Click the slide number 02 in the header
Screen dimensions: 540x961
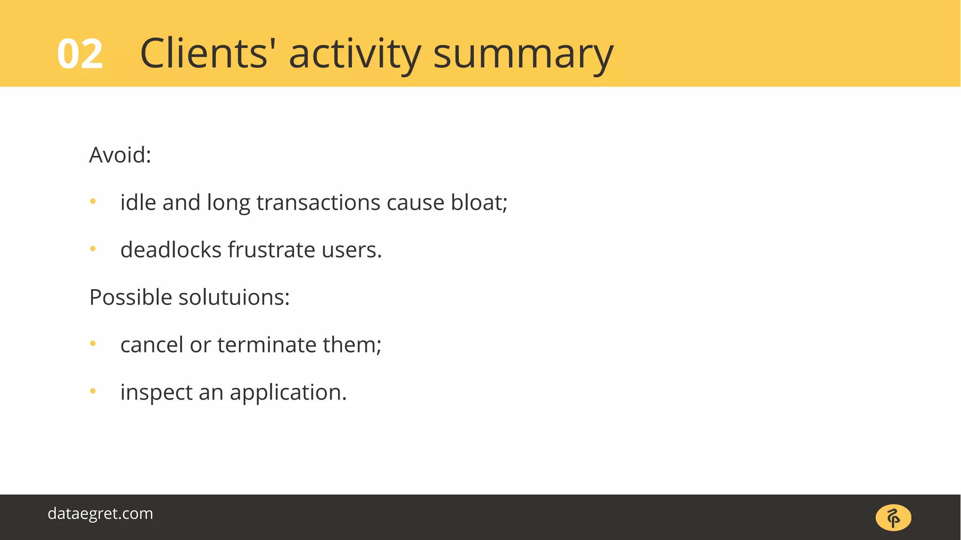point(80,54)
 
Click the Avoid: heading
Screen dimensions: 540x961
point(120,155)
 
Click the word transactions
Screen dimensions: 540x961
point(318,202)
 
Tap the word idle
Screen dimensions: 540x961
point(138,202)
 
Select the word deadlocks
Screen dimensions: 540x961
point(171,250)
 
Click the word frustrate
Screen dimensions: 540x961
point(271,250)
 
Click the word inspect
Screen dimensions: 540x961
point(156,393)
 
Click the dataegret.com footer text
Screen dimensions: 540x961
point(100,513)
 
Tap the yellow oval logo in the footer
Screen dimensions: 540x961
point(893,517)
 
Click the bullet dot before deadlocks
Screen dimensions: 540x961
point(93,249)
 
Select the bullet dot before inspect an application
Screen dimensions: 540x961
point(93,391)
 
